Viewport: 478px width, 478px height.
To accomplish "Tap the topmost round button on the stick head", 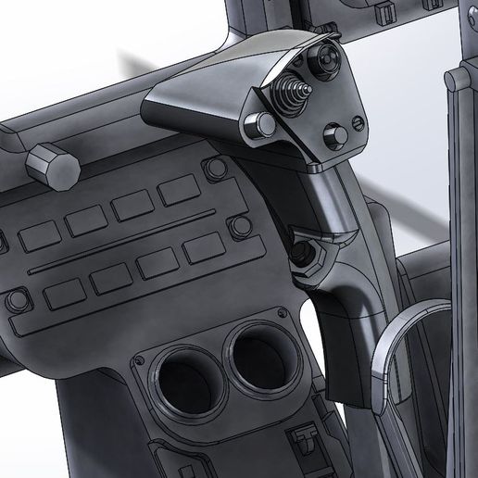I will tap(326, 57).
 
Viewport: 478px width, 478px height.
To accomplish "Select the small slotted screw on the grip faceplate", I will tap(359, 124).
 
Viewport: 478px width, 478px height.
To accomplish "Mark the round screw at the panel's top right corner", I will tap(216, 168).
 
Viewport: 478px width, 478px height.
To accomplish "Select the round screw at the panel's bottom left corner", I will tap(16, 301).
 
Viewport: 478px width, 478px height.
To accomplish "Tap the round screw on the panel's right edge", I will tap(242, 226).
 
